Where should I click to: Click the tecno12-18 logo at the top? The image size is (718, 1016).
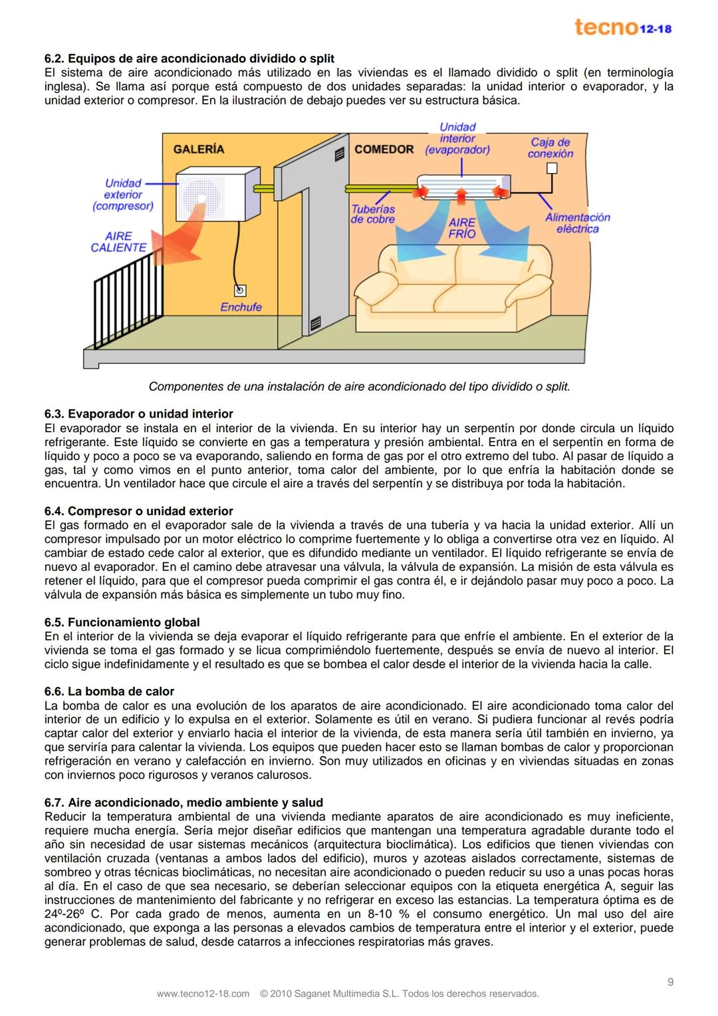coord(623,28)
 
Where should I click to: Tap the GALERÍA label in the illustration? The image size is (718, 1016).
coord(199,150)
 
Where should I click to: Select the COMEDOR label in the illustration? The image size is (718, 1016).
coord(384,150)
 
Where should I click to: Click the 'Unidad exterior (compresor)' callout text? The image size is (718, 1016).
coord(123,195)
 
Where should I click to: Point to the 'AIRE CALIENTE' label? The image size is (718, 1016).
coord(118,241)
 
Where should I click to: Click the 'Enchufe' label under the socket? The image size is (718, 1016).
coord(241,307)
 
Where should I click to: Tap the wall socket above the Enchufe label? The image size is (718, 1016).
coord(239,290)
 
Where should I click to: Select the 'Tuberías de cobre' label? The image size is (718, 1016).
coord(372,214)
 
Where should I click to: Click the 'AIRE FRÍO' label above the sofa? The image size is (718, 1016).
coord(461,228)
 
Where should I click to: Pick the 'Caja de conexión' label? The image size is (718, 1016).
coord(550,148)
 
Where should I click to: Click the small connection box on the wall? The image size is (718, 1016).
coord(551,168)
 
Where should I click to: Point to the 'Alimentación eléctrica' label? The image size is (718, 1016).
coord(577,223)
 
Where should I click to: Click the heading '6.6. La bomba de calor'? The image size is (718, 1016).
coord(109,692)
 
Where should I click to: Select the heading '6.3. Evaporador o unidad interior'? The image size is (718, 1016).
coord(138,414)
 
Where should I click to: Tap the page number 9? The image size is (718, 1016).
coord(670,982)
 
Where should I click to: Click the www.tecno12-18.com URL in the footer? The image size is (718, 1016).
coord(203,994)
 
